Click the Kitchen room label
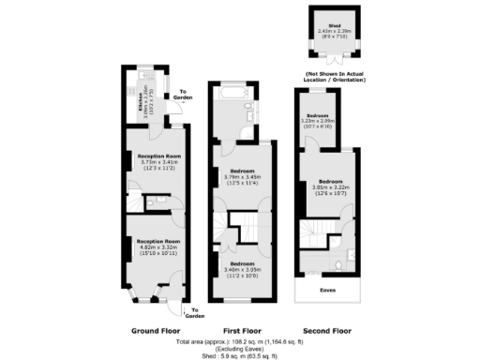point(142,105)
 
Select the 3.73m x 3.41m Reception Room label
point(158,160)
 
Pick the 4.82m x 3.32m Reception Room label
point(157,246)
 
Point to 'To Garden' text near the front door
point(195,312)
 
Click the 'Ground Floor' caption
point(157,331)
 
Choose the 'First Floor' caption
point(243,331)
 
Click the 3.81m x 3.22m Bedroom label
point(329,185)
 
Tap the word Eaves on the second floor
point(325,291)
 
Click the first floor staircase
point(246,227)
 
